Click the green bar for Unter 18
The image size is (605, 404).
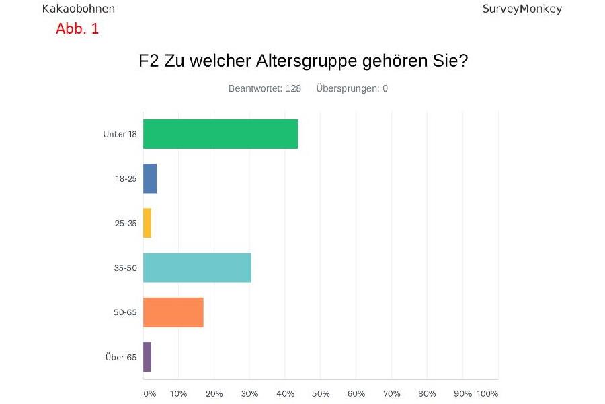tap(220, 133)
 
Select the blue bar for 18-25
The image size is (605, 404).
tap(150, 178)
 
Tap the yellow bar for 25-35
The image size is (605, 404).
tap(147, 223)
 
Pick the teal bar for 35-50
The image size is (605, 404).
tap(197, 267)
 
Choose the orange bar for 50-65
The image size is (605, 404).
tap(173, 312)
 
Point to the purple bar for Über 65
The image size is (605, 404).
tap(147, 357)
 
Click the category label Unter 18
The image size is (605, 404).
tap(120, 134)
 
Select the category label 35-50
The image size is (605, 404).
tap(126, 268)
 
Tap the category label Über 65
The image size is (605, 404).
tap(121, 358)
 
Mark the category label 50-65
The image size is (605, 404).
tap(126, 312)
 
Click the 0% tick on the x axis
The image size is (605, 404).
tap(149, 393)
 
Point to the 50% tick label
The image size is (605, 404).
tap(321, 393)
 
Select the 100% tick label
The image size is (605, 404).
tap(487, 393)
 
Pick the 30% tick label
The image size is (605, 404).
tap(249, 393)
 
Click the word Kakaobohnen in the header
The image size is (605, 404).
tap(78, 9)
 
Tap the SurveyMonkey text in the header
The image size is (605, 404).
tap(522, 9)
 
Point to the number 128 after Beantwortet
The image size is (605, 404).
tap(292, 88)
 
